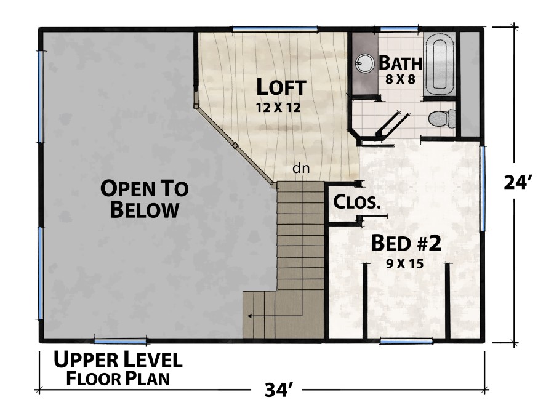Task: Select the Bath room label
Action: [400, 63]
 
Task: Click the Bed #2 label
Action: [406, 243]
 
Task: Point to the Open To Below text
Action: [145, 198]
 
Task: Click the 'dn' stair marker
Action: [300, 167]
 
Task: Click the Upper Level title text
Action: [117, 360]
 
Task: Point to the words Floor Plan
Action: [118, 378]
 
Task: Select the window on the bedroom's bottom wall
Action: [406, 341]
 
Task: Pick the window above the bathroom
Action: [397, 29]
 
